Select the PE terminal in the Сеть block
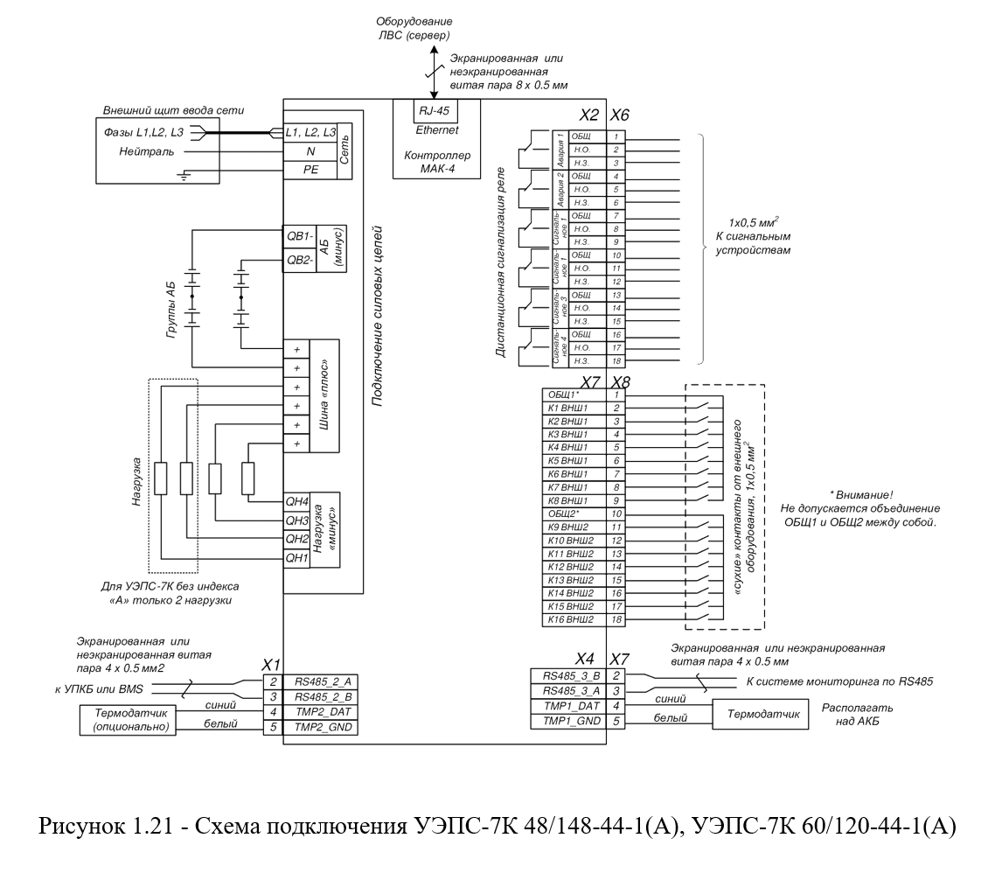click(310, 170)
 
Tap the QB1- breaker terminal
click(300, 235)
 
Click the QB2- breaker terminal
click(300, 260)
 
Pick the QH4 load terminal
click(296, 501)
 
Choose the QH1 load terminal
click(296, 558)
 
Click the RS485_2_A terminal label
click(323, 682)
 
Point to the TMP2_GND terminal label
click(323, 728)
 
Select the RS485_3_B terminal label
click(570, 675)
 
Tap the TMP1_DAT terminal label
click(570, 706)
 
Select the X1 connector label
click(271, 665)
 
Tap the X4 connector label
click(585, 658)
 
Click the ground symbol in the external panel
click(184, 175)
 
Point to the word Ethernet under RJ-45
click(436, 130)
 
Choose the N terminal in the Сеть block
click(310, 151)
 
